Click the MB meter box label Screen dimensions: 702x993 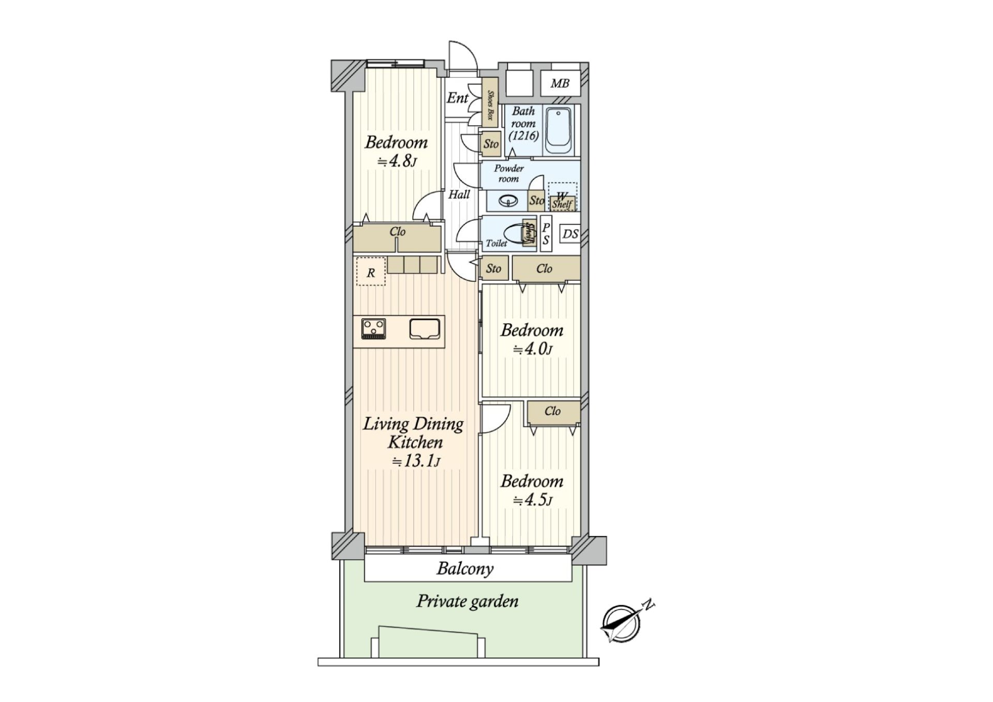point(559,83)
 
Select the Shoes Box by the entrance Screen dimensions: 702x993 point(490,102)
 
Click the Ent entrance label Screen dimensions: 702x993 point(457,98)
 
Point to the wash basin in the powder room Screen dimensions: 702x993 point(507,200)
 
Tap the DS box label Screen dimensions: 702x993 point(570,234)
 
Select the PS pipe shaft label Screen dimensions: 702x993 point(546,234)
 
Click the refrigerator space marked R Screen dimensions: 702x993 point(371,272)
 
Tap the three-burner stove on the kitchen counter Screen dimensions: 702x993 point(373,328)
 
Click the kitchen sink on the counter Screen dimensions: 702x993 point(425,328)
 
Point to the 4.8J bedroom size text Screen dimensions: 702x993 point(397,161)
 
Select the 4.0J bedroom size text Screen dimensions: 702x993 point(533,349)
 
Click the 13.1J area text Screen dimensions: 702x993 point(416,460)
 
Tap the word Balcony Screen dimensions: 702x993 point(465,569)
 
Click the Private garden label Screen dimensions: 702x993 point(467,601)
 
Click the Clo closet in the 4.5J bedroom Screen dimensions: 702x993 point(552,412)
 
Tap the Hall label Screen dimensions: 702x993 point(459,195)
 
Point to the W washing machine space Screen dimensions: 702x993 point(562,196)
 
